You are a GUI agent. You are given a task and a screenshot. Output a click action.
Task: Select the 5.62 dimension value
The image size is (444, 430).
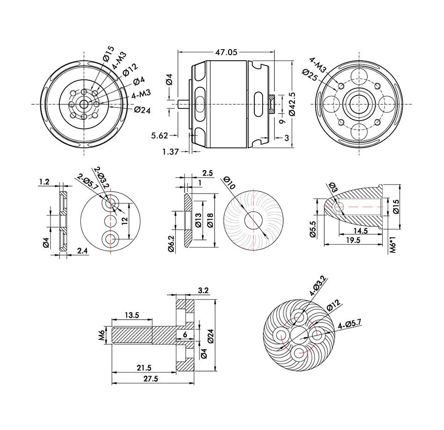160,136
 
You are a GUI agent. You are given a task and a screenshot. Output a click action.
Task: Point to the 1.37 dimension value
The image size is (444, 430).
170,151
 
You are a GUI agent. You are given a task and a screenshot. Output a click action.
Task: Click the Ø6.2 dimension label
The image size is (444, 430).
171,244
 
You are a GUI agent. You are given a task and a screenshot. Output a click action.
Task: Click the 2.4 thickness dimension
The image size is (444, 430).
82,251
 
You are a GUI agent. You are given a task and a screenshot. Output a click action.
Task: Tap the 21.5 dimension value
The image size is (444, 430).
144,368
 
